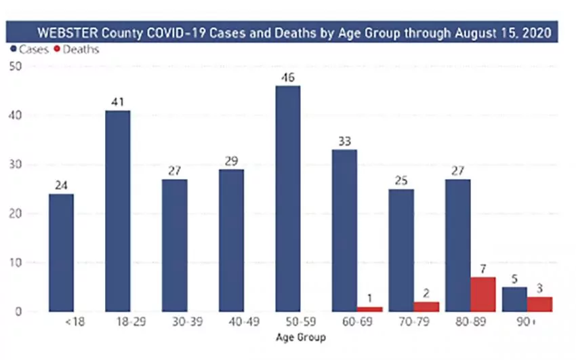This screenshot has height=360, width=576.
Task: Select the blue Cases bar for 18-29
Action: (x=118, y=211)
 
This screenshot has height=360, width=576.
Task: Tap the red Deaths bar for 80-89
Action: (x=483, y=294)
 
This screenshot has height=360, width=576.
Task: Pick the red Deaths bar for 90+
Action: (x=539, y=304)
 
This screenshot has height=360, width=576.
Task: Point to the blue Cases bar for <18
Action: (x=61, y=253)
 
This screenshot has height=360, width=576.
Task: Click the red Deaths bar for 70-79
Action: (x=427, y=306)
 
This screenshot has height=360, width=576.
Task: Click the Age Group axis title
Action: (x=300, y=337)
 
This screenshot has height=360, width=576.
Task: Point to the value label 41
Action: (x=118, y=102)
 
